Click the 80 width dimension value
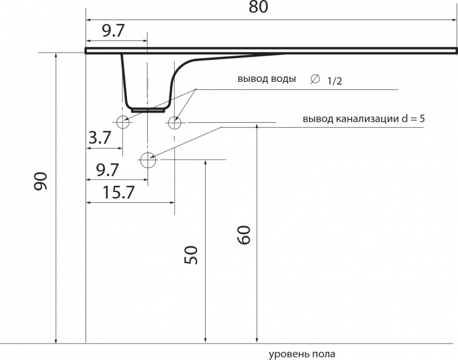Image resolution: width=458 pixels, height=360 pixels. tap(258, 7)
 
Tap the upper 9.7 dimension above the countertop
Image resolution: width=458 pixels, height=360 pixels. tap(114, 31)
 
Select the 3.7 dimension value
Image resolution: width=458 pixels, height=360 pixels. tap(100, 138)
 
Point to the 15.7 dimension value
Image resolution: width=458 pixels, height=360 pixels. tap(118, 192)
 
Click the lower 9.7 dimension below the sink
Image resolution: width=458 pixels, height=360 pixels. tap(107, 170)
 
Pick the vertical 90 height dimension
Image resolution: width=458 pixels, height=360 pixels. tap(40, 182)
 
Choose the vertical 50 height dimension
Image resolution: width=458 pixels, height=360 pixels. tap(191, 255)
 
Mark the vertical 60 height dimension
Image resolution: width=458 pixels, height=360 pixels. tap(244, 235)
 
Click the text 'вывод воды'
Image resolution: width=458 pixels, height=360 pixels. tap(267, 79)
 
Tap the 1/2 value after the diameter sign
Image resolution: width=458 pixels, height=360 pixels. tap(335, 81)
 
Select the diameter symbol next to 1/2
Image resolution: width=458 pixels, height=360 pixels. tap(315, 79)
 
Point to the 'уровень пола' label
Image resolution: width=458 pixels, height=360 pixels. tap(302, 354)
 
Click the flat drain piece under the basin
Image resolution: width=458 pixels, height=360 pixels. tap(148, 111)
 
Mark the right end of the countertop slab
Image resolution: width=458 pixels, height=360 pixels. tap(456, 51)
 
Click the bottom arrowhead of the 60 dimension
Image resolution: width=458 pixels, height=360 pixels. tap(256, 340)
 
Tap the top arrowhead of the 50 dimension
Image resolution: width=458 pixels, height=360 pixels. tap(206, 163)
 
